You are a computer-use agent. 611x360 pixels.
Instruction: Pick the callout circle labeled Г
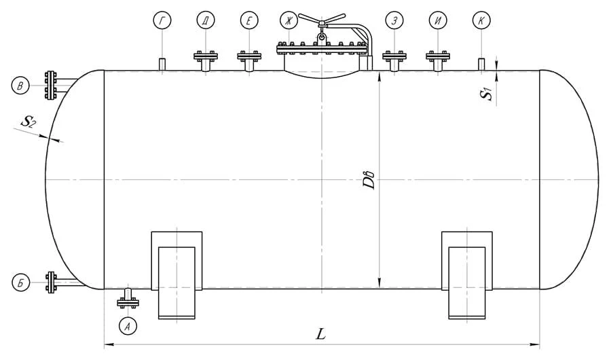tap(162, 21)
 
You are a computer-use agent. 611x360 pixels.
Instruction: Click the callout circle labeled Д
tap(206, 21)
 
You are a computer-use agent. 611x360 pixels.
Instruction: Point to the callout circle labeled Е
tap(249, 21)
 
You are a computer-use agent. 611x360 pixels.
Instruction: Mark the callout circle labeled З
tap(393, 21)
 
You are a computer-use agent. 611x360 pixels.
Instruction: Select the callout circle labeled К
tap(481, 21)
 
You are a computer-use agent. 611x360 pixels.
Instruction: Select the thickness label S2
tap(27, 122)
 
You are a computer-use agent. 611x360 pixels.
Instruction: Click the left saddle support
tap(177, 275)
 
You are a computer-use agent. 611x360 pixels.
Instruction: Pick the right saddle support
tap(467, 275)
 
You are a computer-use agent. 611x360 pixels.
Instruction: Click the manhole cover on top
tap(323, 49)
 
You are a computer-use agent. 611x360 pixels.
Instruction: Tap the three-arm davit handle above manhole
tap(321, 20)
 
